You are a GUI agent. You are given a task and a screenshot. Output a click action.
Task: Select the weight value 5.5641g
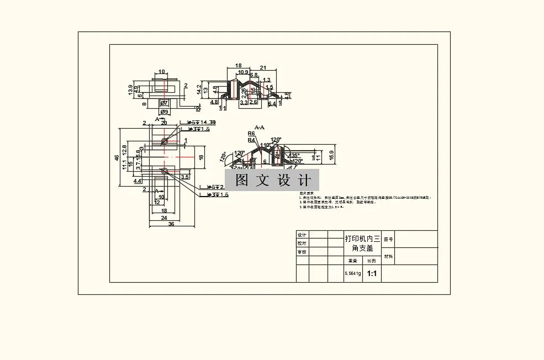coord(352,273)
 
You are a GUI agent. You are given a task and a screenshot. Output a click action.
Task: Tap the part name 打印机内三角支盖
coord(362,243)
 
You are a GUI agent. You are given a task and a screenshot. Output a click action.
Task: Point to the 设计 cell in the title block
coord(302,235)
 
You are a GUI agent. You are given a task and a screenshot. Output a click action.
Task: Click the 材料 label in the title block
coord(388,256)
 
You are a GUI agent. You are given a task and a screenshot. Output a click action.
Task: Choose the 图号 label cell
coord(388,239)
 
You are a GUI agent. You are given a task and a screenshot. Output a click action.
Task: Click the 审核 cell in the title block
coord(302,252)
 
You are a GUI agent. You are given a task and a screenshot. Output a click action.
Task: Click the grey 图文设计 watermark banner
coord(272,181)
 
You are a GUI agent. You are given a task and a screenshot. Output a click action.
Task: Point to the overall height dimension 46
coord(117,158)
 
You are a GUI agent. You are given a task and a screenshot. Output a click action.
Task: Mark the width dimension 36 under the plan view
coord(171,224)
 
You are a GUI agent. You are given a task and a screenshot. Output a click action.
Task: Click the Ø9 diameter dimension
coord(164,112)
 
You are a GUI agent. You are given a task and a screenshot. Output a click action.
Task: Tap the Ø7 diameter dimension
coord(164,103)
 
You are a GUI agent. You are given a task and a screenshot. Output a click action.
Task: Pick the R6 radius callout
coord(251,134)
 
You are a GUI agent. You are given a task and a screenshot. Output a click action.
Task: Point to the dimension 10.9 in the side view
coord(242,72)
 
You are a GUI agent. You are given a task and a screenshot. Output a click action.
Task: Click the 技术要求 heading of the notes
coord(306,193)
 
